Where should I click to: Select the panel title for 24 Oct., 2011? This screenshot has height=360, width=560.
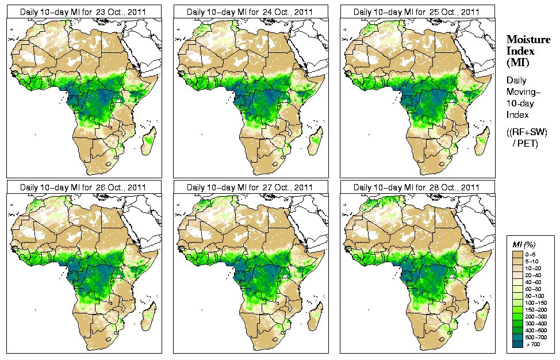(250, 12)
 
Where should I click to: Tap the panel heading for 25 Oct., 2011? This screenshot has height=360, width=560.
(417, 12)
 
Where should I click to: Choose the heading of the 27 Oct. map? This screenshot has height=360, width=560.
(250, 187)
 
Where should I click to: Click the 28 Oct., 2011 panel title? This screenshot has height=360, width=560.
(417, 187)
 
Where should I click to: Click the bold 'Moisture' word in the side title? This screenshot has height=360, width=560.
(526, 40)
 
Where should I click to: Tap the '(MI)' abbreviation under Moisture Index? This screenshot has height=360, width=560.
(517, 62)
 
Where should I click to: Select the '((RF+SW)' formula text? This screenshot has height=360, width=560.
(523, 132)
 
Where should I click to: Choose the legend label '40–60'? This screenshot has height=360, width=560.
(538, 281)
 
